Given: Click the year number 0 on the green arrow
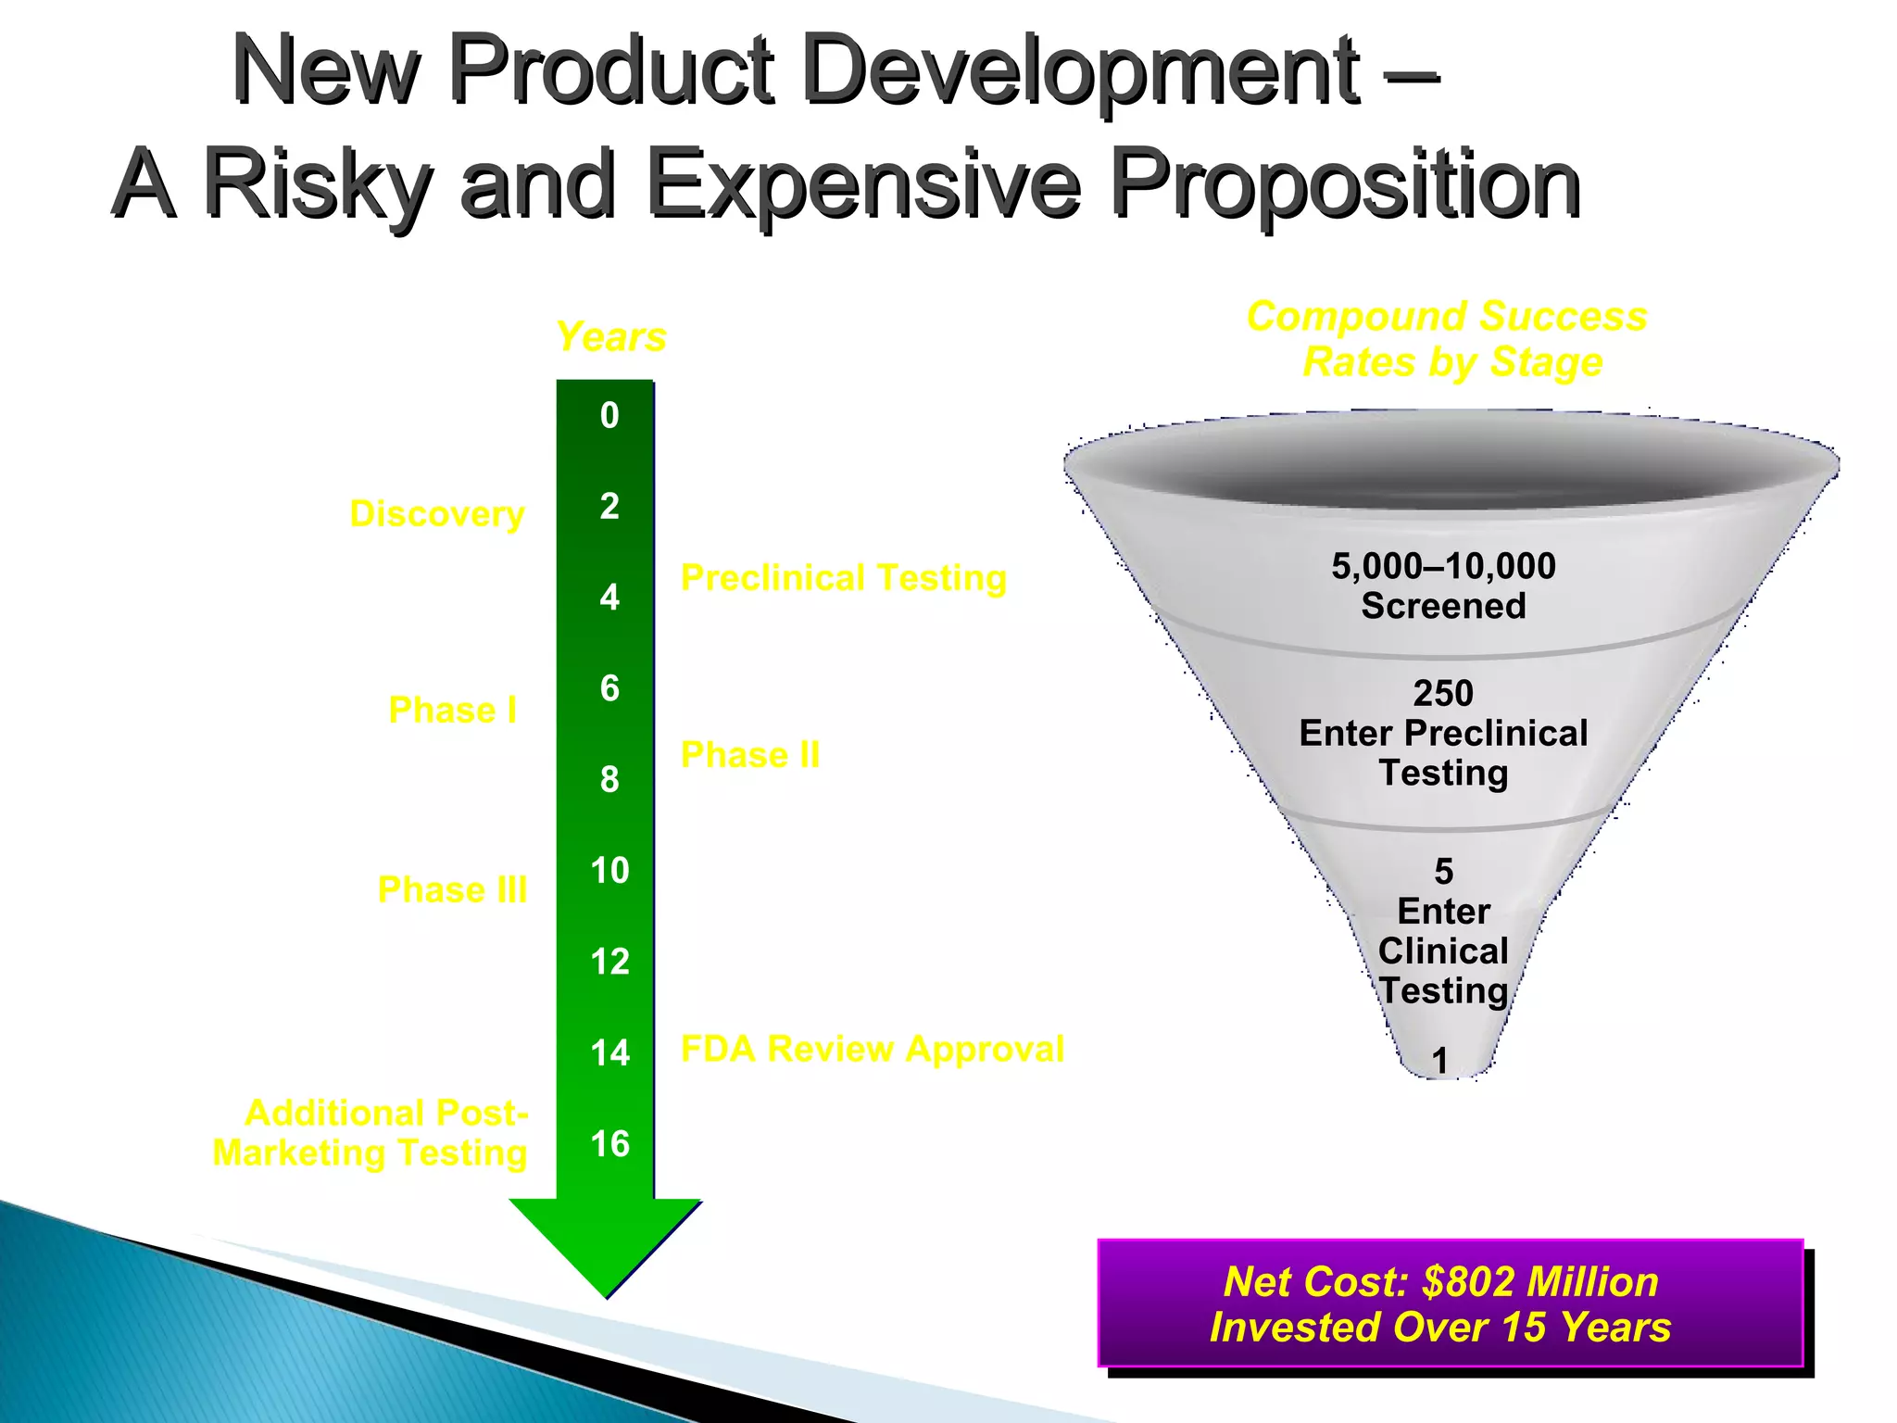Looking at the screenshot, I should coord(609,416).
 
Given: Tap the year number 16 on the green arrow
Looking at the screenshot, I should coord(609,1144).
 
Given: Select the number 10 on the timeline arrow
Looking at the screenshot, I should coord(609,871).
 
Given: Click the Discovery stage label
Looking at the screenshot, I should coord(437,514).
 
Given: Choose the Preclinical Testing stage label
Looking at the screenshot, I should coord(843,578).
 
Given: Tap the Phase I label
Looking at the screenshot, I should coord(452,711).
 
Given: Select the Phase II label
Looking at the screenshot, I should coord(750,755).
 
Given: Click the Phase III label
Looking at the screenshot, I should coord(452,890).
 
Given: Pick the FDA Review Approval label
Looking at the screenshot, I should coord(872,1050).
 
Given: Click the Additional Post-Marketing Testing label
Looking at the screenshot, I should coord(371,1133).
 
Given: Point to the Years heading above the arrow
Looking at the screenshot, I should coord(610,337).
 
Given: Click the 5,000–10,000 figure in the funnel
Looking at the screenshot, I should coord(1443,566).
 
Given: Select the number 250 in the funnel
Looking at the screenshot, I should coord(1443,693).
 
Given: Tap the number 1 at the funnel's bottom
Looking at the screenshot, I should coord(1439,1061).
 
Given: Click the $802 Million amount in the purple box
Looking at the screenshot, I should coord(1539,1282).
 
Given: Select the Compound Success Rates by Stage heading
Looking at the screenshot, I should coord(1448,339).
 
